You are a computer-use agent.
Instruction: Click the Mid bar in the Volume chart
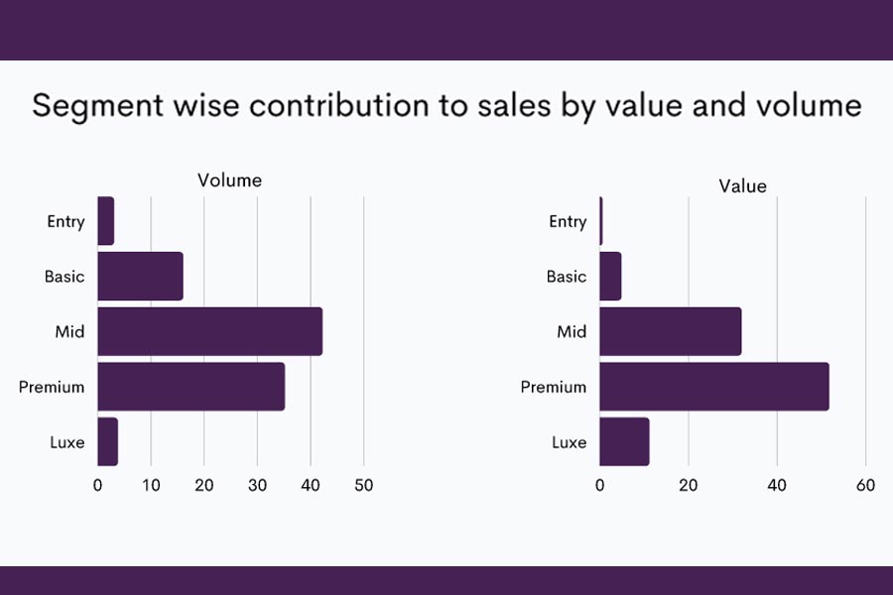(x=209, y=331)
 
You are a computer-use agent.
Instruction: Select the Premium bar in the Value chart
(x=713, y=387)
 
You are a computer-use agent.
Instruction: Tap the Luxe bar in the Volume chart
(x=107, y=442)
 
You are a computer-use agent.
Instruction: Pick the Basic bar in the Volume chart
(x=140, y=276)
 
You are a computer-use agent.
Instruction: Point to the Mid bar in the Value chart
(x=670, y=331)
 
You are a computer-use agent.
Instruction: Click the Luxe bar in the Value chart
(x=624, y=442)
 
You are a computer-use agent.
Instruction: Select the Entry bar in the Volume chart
(x=105, y=221)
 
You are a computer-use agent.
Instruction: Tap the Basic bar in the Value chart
(x=610, y=276)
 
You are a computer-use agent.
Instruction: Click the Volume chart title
(x=229, y=180)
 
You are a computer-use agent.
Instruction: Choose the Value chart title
(x=743, y=185)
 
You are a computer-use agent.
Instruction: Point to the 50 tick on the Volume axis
(x=363, y=485)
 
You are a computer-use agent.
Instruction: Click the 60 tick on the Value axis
(x=865, y=485)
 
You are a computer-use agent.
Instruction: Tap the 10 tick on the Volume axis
(x=151, y=485)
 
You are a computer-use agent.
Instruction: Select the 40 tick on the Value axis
(x=777, y=485)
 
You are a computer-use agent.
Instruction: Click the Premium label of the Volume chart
(x=52, y=387)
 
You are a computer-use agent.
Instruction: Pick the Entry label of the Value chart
(x=568, y=221)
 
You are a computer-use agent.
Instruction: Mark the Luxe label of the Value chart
(x=569, y=442)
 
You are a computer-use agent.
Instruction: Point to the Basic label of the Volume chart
(x=64, y=277)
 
